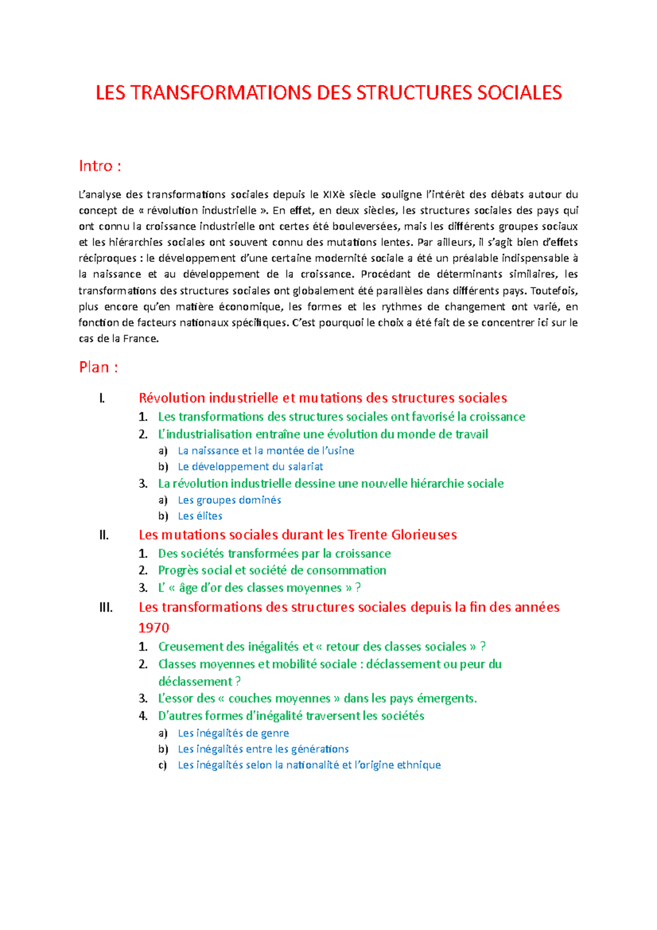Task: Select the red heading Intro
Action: [x=100, y=166]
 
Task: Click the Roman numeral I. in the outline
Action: [x=102, y=398]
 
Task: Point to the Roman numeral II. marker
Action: [x=104, y=535]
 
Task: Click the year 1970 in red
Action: [x=154, y=628]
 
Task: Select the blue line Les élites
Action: [x=200, y=516]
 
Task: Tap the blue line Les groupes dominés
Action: [x=229, y=500]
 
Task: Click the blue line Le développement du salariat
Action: [x=250, y=467]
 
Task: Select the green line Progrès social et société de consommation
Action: [x=272, y=571]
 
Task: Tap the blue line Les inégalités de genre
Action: [x=233, y=733]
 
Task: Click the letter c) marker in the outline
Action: [x=163, y=765]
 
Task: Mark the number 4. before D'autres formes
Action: [x=143, y=716]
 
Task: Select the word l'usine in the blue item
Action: [x=338, y=451]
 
